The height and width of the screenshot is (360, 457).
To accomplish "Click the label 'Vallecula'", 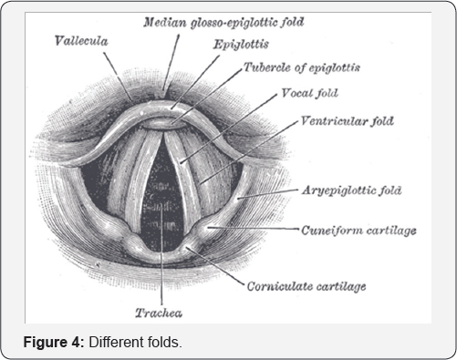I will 81,41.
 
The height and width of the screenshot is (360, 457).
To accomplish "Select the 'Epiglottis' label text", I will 240,45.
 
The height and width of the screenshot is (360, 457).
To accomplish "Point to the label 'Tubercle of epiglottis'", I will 302,68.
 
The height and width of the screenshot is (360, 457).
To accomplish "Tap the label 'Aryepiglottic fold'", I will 350,190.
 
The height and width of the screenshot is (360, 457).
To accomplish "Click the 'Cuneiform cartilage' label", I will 358,231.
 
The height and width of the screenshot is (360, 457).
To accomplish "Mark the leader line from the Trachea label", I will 162,273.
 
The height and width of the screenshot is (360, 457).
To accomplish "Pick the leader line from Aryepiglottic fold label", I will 269,193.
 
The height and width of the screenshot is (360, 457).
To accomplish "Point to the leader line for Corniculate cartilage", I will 219,269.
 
